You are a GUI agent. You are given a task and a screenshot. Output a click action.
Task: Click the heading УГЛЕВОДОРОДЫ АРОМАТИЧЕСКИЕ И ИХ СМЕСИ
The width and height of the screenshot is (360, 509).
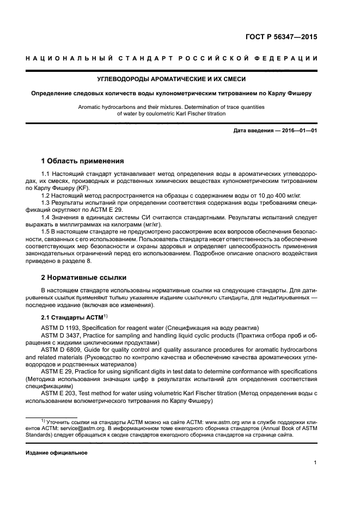180,78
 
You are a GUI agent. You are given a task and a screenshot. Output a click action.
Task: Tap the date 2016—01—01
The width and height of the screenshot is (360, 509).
299,131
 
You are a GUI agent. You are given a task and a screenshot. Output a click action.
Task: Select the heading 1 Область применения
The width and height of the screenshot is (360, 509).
82,161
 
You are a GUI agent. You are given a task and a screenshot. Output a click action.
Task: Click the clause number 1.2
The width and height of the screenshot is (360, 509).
47,194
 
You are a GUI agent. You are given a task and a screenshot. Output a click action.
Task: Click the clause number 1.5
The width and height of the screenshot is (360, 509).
47,231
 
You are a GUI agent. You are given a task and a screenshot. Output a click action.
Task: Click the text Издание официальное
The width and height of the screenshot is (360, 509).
56,453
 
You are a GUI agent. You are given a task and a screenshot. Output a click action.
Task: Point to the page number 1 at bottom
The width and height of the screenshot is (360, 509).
315,463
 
